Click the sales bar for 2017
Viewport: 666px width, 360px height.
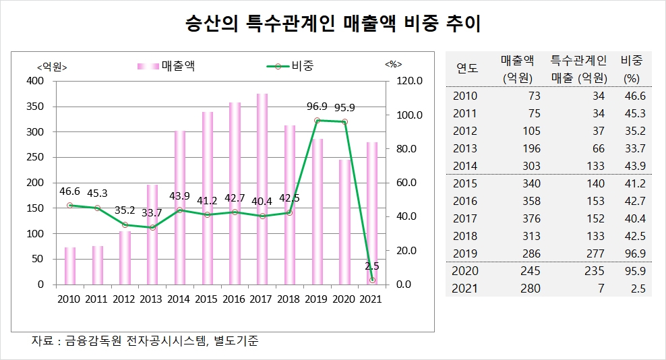tap(262, 189)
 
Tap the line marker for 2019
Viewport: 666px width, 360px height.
tap(317, 120)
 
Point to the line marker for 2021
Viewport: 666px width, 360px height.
tap(372, 280)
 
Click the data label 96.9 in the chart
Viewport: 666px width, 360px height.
tap(317, 107)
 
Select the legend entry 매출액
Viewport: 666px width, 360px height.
tap(179, 65)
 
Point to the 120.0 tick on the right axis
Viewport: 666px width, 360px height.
tap(408, 81)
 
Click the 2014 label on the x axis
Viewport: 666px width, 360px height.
tap(179, 299)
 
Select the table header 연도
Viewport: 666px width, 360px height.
tap(467, 68)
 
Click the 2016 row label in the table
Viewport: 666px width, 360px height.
tap(465, 201)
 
